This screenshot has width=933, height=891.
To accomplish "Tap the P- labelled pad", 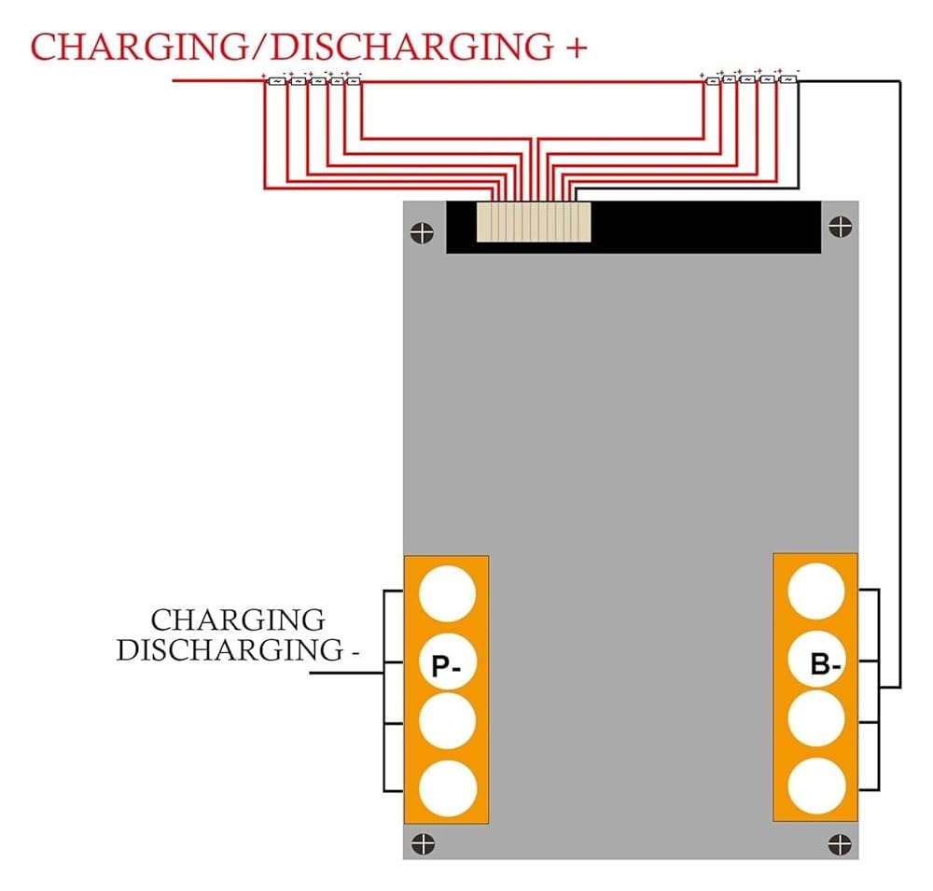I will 447,665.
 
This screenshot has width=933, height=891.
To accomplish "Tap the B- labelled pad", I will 817,663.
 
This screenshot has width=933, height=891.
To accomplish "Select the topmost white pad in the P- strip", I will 447,593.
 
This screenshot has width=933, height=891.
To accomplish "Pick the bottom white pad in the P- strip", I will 447,787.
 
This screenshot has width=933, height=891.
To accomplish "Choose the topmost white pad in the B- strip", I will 817,592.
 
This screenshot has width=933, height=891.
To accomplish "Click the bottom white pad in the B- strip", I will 817,785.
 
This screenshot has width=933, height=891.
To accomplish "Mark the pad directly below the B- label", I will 817,720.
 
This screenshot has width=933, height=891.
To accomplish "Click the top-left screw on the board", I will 424,231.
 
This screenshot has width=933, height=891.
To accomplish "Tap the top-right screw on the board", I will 840,226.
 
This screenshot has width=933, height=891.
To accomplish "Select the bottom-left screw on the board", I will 424,842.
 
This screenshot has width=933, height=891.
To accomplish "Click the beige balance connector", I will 533,224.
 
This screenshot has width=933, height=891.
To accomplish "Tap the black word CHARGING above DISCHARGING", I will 238,620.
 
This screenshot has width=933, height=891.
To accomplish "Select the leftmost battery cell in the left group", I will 277,81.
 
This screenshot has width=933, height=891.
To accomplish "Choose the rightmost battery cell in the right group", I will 788,80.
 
